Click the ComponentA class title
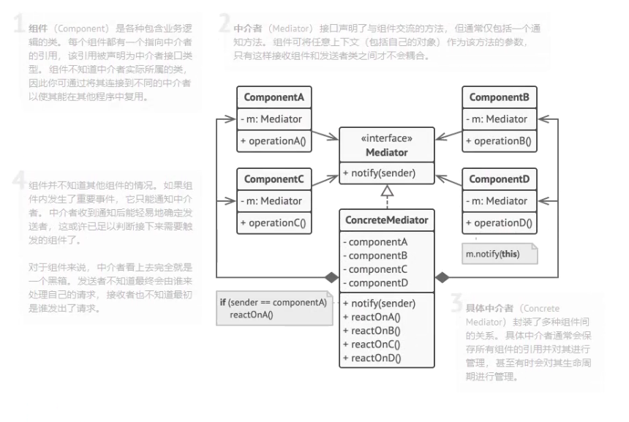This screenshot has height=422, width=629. coord(274,97)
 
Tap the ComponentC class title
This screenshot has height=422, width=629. coord(274,179)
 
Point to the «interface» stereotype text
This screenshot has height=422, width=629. coord(386,138)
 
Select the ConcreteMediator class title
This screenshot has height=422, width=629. coord(386,220)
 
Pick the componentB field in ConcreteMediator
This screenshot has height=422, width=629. coord(378,255)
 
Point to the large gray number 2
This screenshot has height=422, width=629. coord(225,24)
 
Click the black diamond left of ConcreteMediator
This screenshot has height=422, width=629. coord(331,278)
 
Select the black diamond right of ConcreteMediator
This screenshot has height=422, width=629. coord(442,278)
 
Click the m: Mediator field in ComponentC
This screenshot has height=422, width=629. coord(271,200)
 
